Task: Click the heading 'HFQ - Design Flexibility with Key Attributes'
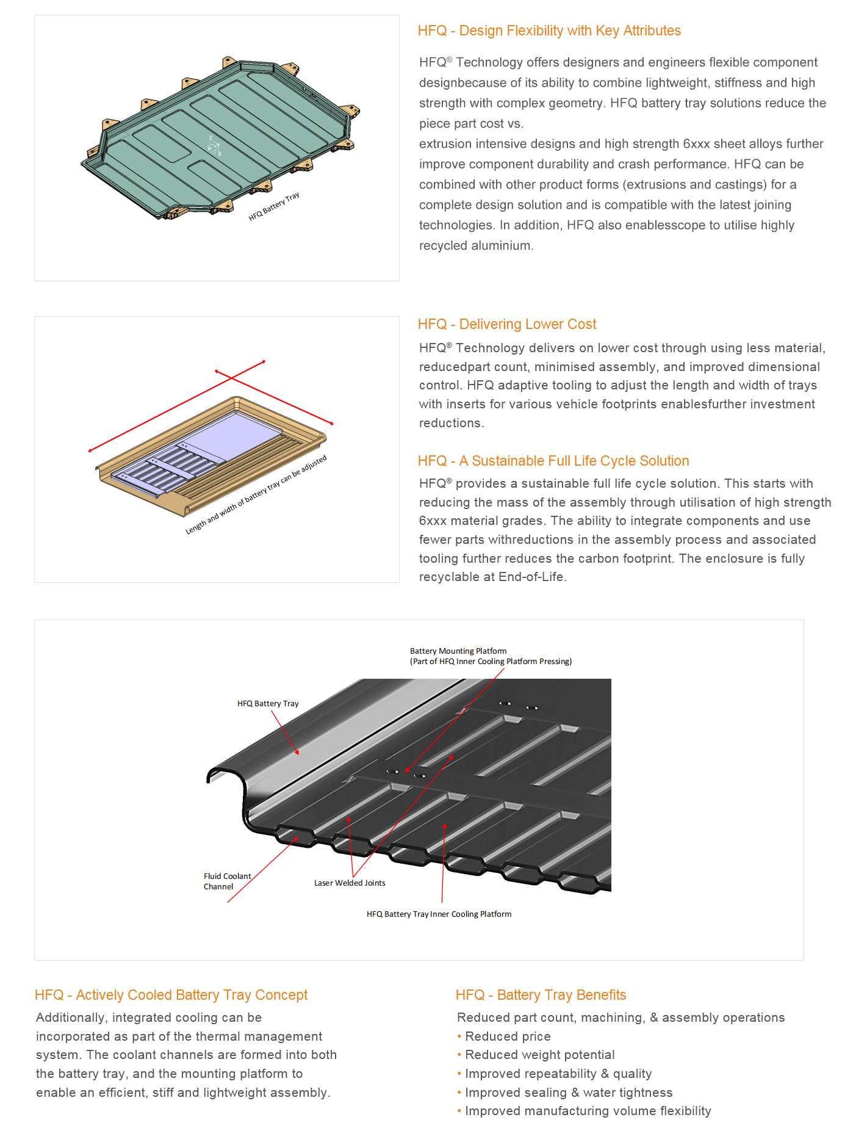(549, 31)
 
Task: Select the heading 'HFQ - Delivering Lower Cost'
(507, 324)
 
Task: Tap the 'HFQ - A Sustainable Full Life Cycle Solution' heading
(553, 461)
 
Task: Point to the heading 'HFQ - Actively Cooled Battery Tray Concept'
(171, 995)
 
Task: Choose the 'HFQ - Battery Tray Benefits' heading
(541, 995)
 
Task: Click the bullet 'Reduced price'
(508, 1036)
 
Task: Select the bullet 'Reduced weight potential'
(539, 1055)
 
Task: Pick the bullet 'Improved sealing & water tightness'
(569, 1093)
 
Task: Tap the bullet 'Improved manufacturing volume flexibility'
(588, 1111)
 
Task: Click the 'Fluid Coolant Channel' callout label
(226, 881)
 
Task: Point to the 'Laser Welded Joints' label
(350, 883)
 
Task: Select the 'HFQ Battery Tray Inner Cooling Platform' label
(439, 914)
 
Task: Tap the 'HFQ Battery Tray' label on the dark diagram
(268, 704)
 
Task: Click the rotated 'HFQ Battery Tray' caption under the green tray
(274, 207)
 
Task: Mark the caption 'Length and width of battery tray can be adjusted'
(256, 495)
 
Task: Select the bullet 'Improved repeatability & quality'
(558, 1074)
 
